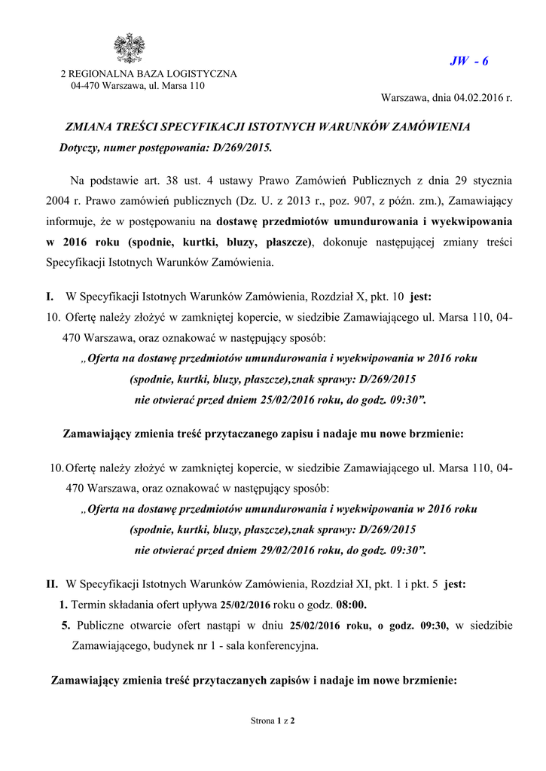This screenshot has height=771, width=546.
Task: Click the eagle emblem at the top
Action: pyautogui.click(x=128, y=48)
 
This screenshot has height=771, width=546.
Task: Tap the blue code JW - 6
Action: pyautogui.click(x=468, y=61)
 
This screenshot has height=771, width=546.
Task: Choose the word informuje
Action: pyautogui.click(x=67, y=222)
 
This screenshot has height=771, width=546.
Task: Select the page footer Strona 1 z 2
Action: pyautogui.click(x=272, y=721)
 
